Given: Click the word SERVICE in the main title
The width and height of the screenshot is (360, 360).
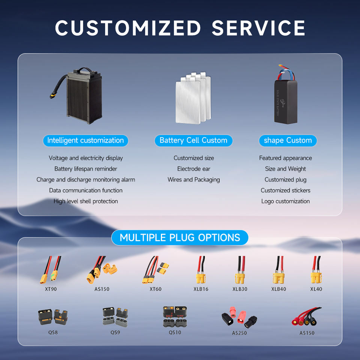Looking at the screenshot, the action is [x=258, y=28].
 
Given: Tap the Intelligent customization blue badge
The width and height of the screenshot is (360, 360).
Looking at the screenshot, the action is [x=85, y=141].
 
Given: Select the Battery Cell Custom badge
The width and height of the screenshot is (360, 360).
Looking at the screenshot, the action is [x=193, y=141].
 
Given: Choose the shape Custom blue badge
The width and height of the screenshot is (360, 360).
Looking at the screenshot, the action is [x=288, y=141].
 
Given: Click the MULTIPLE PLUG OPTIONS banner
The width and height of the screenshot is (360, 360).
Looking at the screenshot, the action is [x=180, y=238].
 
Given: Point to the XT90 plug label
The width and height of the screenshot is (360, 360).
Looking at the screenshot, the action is [x=51, y=289].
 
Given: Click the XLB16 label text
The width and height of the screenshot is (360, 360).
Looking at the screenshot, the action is [x=201, y=289].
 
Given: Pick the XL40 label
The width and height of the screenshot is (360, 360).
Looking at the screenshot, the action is [x=316, y=289].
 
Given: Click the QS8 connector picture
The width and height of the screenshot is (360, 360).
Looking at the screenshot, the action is [x=53, y=317].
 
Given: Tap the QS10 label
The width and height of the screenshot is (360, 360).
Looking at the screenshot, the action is [x=175, y=332].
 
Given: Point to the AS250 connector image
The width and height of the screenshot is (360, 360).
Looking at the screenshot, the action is [x=239, y=318].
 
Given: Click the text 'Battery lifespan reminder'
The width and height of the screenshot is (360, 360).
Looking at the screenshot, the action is [x=85, y=169].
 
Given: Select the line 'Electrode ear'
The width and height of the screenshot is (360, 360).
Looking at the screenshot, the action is [x=193, y=169].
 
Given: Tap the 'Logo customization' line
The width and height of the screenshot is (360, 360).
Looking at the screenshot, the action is [x=285, y=201].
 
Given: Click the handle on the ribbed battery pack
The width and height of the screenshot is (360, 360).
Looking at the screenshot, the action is [x=85, y=70].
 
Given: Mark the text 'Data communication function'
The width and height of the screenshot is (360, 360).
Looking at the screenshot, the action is [x=85, y=190].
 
